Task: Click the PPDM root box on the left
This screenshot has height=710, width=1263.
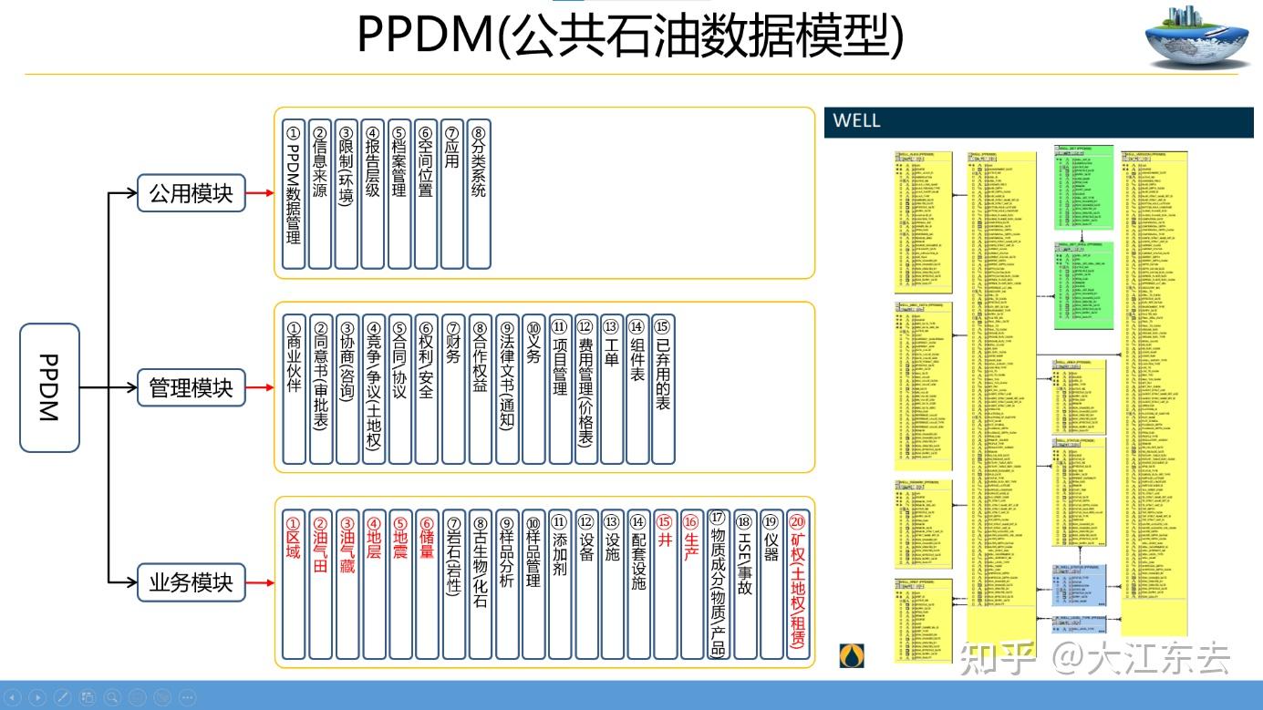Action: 49,388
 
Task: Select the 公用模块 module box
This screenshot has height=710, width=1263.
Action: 192,193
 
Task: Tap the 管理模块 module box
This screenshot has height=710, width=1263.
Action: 192,388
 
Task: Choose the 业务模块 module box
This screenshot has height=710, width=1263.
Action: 192,582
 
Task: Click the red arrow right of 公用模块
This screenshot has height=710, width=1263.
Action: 260,193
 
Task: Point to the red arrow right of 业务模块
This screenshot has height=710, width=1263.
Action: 260,582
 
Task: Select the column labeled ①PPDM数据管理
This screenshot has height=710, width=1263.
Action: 293,193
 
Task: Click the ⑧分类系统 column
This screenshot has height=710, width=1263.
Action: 479,193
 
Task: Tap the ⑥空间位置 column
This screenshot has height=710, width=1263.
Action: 426,193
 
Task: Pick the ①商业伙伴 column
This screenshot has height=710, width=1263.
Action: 294,388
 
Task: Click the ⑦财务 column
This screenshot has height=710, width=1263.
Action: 453,388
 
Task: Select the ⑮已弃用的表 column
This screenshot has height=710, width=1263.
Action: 664,388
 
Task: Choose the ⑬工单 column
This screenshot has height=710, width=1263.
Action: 611,388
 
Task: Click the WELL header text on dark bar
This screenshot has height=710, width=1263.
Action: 856,121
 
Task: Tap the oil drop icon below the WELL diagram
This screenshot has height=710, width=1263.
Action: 852,654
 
